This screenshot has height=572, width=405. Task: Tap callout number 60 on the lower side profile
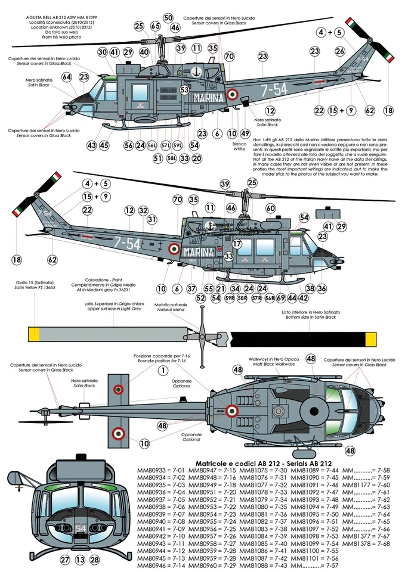tap(270, 208)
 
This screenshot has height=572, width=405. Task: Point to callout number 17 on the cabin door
tap(237, 244)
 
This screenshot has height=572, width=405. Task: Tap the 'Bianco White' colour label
tap(239, 146)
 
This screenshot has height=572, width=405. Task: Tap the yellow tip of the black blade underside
tap(370, 338)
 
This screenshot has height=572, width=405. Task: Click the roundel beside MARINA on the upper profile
tap(233, 94)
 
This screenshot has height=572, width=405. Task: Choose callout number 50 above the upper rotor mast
tap(168, 18)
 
